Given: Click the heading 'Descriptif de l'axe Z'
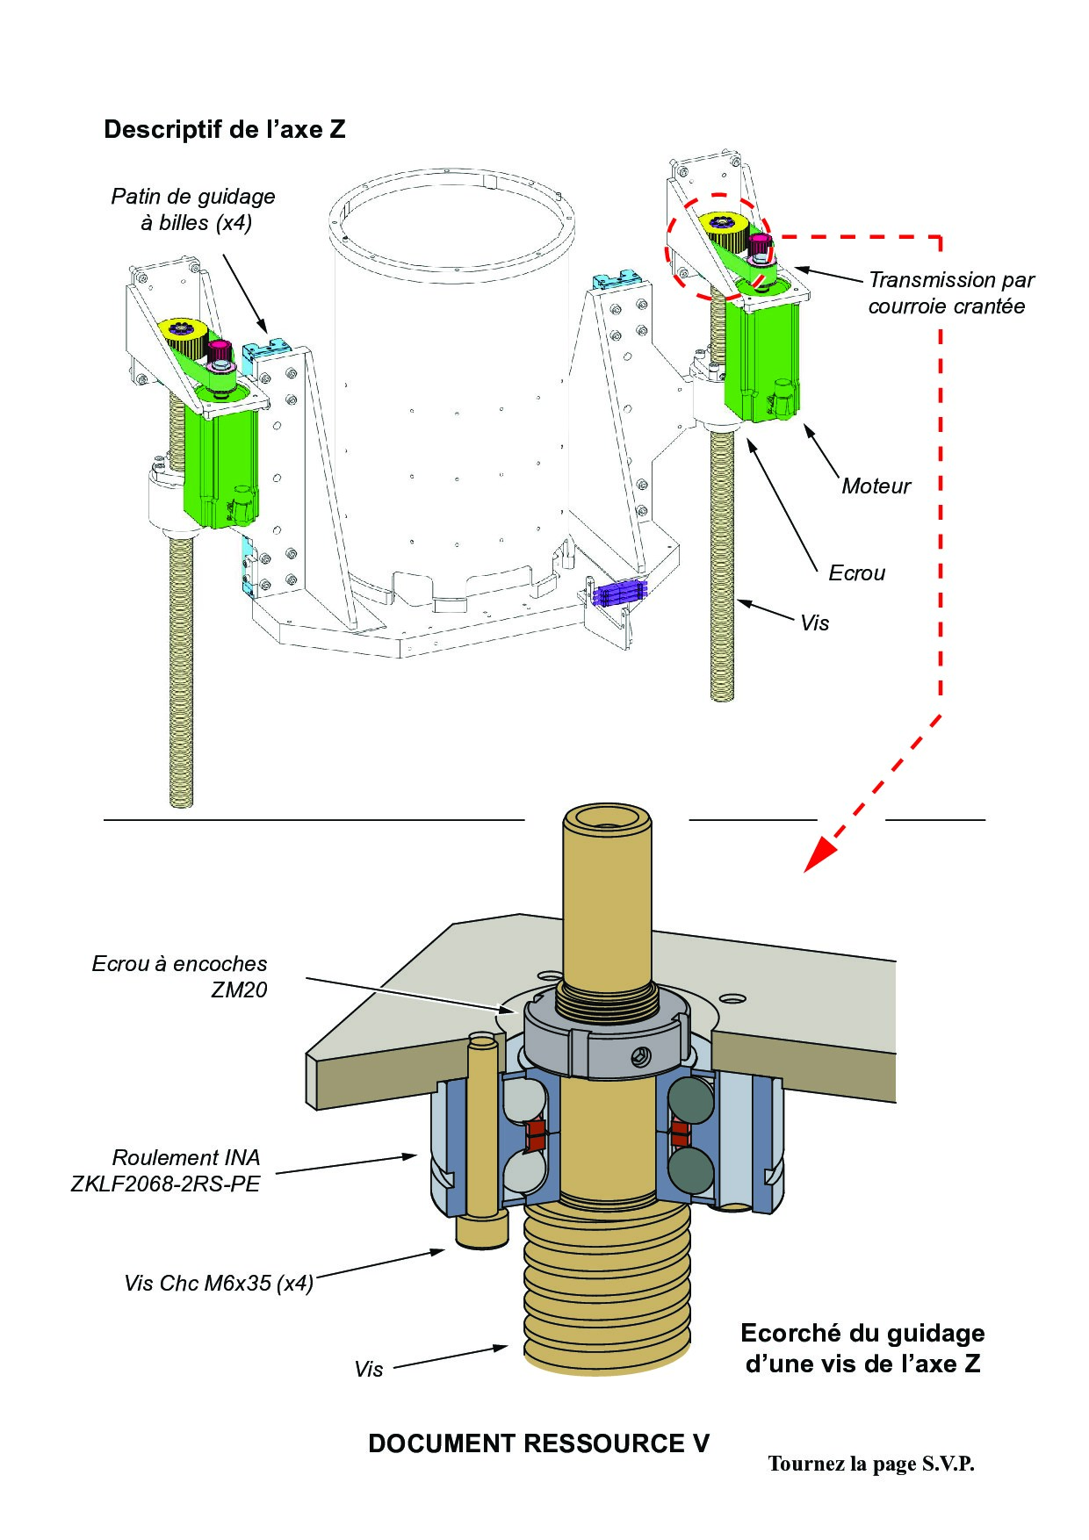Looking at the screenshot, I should pos(225,130).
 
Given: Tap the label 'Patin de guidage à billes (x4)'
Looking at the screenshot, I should pos(194,210).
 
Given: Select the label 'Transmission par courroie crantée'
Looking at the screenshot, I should pos(950,293).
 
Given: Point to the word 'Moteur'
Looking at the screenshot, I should pos(876,486).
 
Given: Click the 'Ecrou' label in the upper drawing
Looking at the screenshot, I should pos(856,573).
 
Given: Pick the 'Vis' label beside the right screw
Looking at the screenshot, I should pos(814,623).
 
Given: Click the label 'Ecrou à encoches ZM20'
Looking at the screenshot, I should pos(180,976).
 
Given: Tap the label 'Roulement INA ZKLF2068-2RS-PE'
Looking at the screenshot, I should pos(167,1170).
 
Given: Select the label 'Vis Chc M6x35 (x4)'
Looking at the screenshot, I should pos(219,1284).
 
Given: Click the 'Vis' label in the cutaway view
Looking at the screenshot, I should pos(369,1370).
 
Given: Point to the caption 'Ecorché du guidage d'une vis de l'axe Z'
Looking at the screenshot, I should pos(862,1349).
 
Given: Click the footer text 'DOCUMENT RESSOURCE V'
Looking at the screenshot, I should pos(538,1444).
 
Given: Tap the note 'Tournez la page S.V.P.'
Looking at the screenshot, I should pos(871,1464).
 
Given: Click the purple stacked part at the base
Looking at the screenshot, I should pos(620,593).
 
